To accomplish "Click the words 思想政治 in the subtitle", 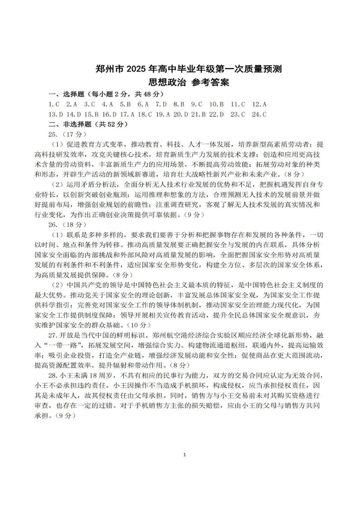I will click(x=153, y=82).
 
